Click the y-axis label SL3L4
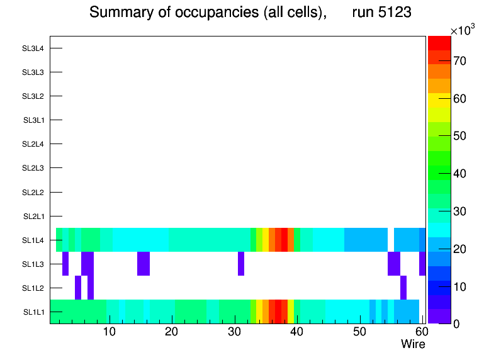33,48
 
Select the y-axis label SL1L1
33,312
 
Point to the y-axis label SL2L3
33,168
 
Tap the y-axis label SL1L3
33,264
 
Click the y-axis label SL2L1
33,217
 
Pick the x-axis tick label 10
110,332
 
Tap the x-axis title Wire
413,344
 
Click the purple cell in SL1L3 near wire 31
241,264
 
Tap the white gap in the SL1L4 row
391,240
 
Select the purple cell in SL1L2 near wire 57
403,288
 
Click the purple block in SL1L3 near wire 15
144,264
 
